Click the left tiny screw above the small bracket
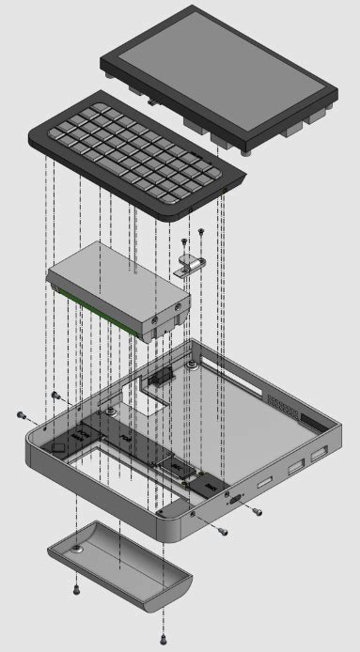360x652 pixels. tap(184, 241)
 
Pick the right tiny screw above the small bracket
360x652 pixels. tap(200, 230)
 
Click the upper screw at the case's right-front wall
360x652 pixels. tap(257, 512)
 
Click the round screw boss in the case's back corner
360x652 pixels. tap(191, 363)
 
